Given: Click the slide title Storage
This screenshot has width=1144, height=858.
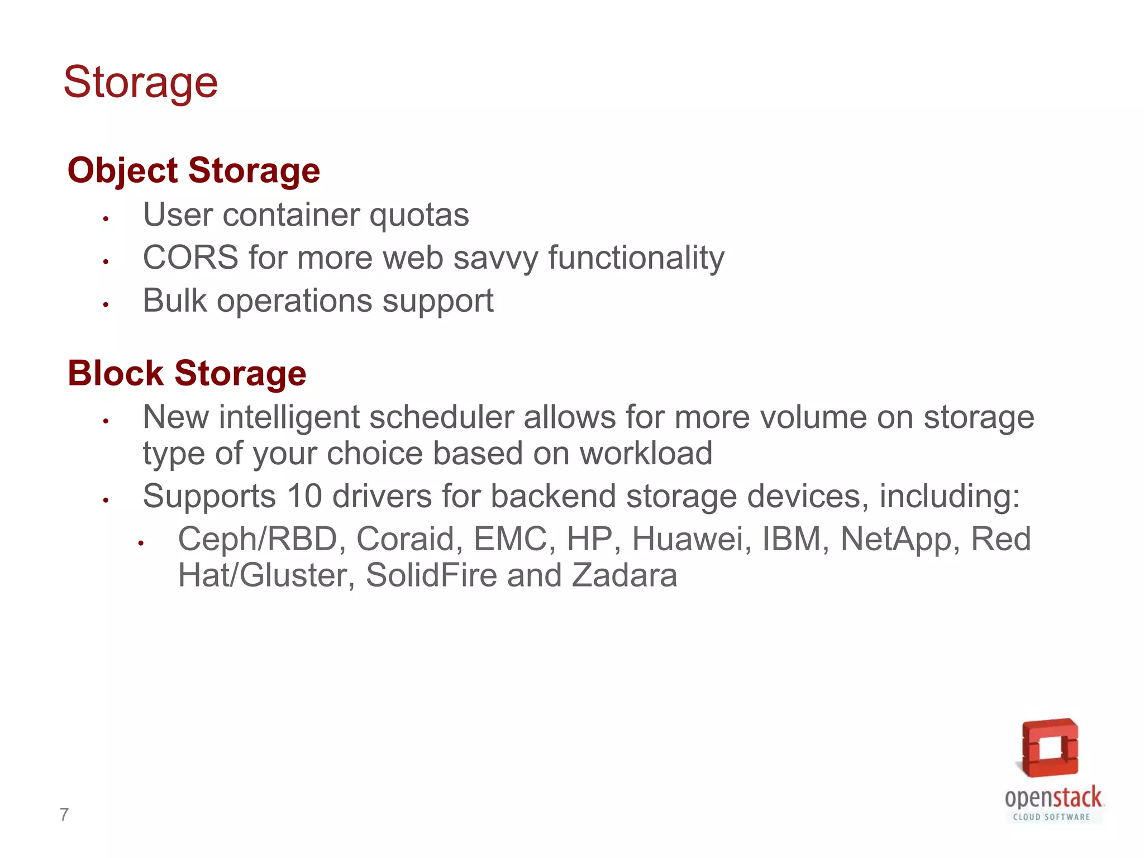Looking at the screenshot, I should point(140,83).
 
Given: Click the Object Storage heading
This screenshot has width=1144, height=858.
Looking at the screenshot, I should point(193,170).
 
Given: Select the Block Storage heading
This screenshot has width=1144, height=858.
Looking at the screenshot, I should point(187,373).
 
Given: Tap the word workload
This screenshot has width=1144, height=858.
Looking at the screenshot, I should point(646,453).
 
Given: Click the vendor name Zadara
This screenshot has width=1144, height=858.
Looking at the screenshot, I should point(624,575).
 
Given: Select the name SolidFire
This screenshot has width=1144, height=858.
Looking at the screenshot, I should point(431,575).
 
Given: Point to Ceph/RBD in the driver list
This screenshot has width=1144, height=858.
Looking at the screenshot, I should point(258,539).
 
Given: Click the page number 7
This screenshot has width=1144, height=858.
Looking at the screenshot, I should point(64,815).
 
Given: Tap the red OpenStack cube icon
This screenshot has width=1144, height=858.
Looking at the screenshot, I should point(1050,747).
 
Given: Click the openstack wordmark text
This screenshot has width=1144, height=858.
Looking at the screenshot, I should point(1053,798).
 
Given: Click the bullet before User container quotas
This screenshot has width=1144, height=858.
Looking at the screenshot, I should point(105,218).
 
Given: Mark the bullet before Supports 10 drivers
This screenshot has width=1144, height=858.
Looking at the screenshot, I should point(105,500).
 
